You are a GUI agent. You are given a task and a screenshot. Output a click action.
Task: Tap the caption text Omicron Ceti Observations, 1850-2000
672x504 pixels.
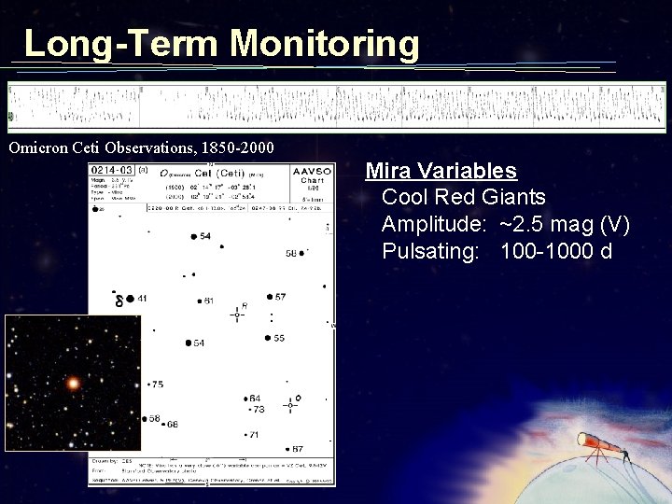click(x=141, y=147)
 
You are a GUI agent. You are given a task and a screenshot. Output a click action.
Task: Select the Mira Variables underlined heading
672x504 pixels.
click(x=441, y=171)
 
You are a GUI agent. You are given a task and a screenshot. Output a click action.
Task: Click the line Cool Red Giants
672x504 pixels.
click(x=464, y=198)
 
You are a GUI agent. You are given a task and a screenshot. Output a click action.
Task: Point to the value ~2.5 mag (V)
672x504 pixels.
click(x=565, y=225)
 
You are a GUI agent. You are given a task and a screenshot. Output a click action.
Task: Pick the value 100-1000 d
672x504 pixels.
click(x=556, y=251)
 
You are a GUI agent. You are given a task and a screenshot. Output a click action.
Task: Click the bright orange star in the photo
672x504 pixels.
click(x=72, y=383)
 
